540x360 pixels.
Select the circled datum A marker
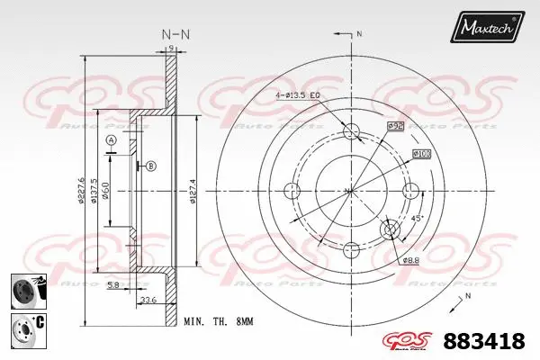pos(111,140)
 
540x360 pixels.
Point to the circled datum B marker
pos(150,166)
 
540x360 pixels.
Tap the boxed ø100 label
pos(421,154)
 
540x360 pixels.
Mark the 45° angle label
pos(417,218)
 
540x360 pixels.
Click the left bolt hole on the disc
pos(292,190)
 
